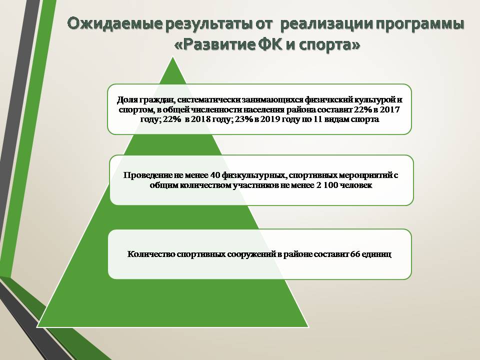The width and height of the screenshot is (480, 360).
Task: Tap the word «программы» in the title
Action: pos(419,24)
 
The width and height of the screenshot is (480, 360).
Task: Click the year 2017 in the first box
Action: pos(389,109)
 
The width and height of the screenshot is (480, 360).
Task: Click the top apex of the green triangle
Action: pos(173,57)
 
